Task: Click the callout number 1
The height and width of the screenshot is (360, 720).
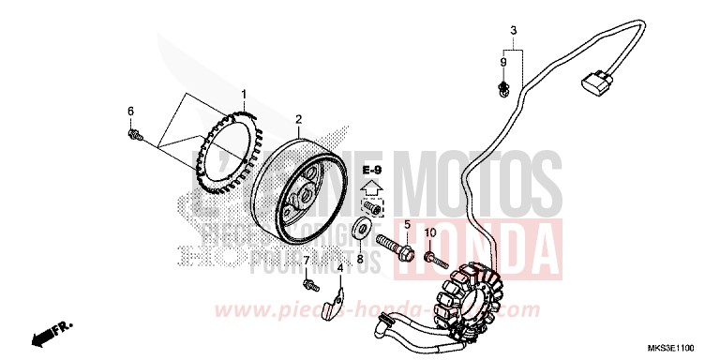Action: pos(244,94)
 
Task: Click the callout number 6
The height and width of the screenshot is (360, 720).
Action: pos(130,112)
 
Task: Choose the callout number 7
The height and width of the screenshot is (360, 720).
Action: pos(306,259)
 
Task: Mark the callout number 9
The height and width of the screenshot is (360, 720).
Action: pos(503,62)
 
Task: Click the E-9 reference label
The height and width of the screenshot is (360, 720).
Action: pos(372,170)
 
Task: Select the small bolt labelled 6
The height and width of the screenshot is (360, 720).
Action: pos(135,135)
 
